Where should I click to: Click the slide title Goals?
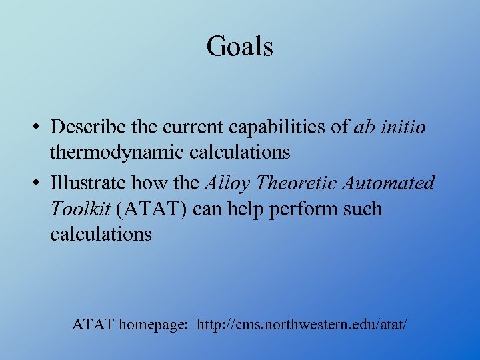pos(240,47)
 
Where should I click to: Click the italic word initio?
pos(402,127)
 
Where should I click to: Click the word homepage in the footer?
pos(151,325)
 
